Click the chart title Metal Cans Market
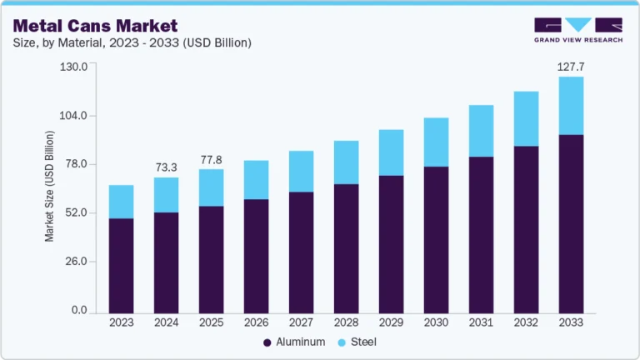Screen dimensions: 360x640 coord(94,25)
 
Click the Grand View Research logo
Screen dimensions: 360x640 coord(577,30)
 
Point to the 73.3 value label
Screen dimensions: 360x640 coord(167,167)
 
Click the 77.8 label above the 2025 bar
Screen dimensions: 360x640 coord(212,159)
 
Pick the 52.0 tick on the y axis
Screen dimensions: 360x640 coord(77,213)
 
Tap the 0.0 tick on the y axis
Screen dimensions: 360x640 coord(80,311)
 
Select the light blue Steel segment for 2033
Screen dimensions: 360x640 coord(571,106)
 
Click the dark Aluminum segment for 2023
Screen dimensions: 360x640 coord(122,265)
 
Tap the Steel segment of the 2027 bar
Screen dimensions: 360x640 coord(302,172)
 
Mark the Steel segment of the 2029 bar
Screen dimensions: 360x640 coord(391,152)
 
